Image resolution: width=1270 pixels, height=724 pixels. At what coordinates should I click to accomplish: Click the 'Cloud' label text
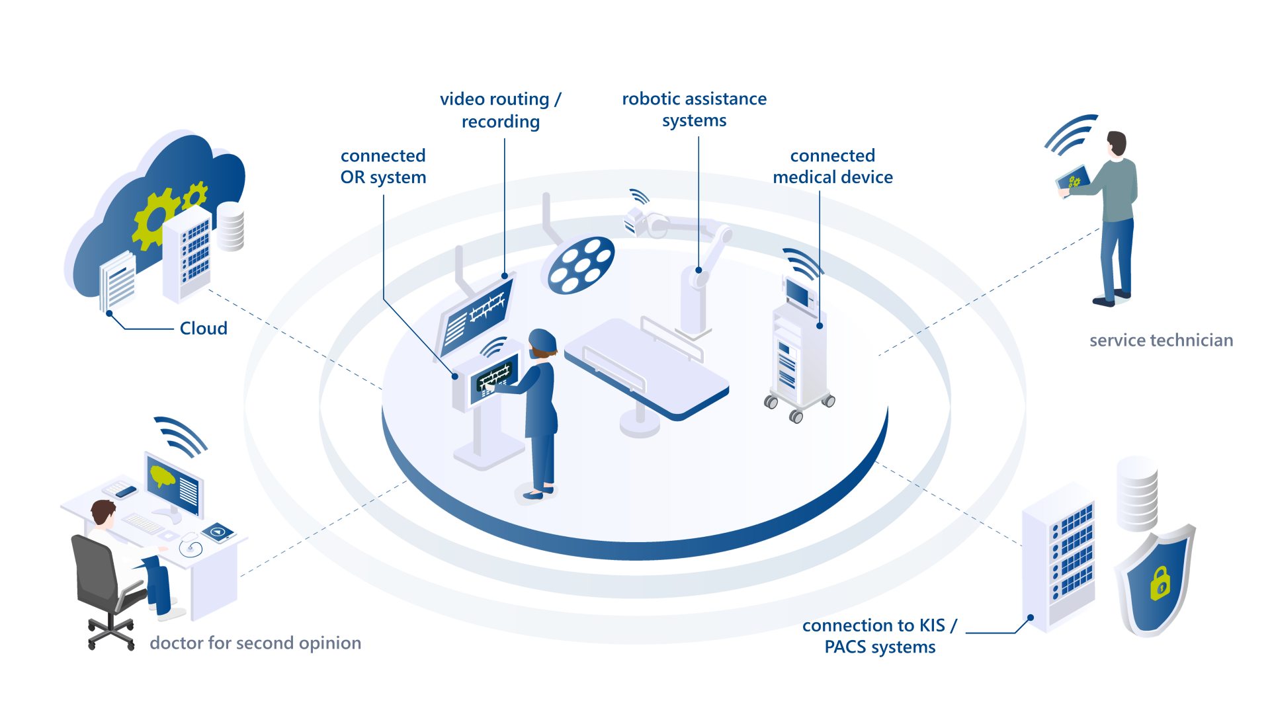[x=203, y=328]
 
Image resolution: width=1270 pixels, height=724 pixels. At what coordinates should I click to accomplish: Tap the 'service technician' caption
[x=1161, y=340]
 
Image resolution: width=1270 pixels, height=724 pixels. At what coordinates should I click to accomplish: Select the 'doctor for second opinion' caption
[x=255, y=643]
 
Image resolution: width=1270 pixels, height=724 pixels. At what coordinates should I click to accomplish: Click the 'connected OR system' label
[x=383, y=166]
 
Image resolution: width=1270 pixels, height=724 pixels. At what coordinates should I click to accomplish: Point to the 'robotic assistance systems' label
[x=694, y=109]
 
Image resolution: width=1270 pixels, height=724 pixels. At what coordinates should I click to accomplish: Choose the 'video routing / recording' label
[x=501, y=110]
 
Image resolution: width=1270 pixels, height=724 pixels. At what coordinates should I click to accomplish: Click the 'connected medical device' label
[x=833, y=166]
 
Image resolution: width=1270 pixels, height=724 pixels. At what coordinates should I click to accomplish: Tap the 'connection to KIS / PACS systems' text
[x=880, y=635]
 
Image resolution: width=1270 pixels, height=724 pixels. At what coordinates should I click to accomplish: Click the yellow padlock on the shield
[x=1160, y=583]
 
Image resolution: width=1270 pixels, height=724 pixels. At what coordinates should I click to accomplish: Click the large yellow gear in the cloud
[x=153, y=218]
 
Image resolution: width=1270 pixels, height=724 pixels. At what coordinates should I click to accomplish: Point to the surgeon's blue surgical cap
[x=542, y=340]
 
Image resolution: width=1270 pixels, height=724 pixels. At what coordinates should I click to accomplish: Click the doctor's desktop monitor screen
[x=174, y=481]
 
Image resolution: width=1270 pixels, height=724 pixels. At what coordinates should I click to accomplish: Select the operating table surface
[x=645, y=367]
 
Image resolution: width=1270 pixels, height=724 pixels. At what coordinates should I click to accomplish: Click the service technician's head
[x=1117, y=143]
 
